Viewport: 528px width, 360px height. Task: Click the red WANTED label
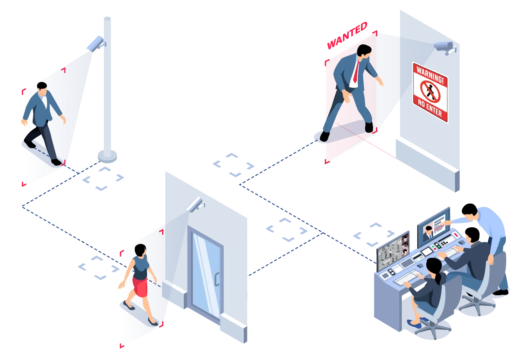coord(347,35)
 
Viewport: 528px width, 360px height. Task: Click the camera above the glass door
coord(195,204)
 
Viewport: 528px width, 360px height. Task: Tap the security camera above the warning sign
coord(444,47)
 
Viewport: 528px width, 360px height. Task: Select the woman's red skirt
coord(140,287)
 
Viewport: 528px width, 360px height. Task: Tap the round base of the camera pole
coord(107,155)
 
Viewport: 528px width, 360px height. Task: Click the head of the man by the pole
coord(42,88)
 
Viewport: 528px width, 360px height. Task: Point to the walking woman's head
coord(141,250)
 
